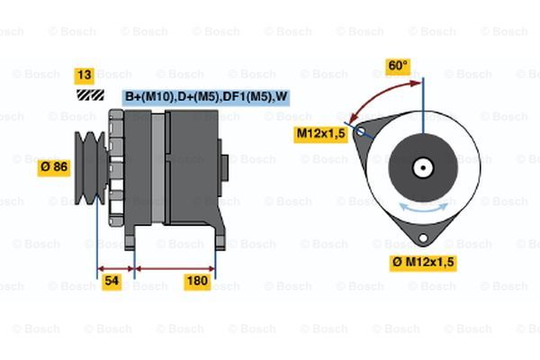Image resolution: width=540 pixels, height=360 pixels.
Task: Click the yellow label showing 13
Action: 85,76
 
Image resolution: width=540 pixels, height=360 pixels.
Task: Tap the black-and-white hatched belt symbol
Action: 91,95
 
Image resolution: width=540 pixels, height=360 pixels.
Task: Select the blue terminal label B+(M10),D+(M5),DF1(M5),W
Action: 205,97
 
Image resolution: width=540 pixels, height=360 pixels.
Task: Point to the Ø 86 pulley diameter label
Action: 54,167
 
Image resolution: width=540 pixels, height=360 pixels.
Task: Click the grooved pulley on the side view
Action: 91,167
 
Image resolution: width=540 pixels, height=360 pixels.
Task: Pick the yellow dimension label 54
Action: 112,281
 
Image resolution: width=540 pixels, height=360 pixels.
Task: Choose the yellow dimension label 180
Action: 197,281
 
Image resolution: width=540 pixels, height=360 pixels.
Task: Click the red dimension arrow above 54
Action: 116,269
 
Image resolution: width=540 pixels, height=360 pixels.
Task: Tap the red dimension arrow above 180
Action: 175,269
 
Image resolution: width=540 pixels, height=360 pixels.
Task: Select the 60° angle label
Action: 398,66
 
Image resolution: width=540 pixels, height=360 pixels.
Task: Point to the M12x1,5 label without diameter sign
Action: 321,134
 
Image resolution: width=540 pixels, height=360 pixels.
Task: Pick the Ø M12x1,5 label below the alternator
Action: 423,263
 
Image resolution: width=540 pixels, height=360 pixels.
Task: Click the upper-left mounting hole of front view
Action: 361,131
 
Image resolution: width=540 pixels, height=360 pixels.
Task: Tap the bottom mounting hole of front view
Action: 423,238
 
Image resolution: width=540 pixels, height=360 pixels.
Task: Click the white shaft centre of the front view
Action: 423,167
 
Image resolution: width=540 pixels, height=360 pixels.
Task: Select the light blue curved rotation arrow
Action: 423,207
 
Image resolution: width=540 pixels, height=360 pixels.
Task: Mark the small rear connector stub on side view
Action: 224,168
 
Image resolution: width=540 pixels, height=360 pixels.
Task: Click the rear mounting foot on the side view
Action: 220,237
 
